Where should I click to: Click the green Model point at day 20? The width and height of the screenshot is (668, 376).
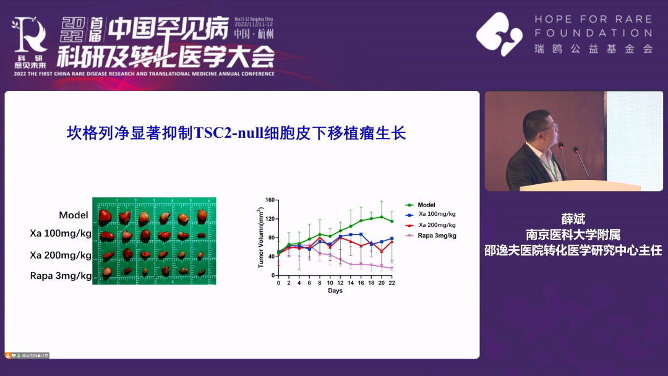382,216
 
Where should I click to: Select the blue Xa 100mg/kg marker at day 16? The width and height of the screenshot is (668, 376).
361,234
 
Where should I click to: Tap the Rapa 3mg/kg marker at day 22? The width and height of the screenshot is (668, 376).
392,268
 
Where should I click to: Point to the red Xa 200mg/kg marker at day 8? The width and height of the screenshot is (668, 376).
320,237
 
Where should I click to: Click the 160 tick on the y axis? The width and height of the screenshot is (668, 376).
269,200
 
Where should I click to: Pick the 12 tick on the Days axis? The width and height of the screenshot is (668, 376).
340,283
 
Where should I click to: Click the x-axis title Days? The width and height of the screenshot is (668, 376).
335,291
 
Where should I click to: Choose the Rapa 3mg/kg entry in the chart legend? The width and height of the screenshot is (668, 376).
437,236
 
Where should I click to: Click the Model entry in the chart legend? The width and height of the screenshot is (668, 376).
426,205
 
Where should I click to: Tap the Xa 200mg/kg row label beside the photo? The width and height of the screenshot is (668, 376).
61,255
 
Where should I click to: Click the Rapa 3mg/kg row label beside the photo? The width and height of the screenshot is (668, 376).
61,276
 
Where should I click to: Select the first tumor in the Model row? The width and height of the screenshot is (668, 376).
106,216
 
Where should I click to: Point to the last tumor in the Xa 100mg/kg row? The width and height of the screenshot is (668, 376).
202,236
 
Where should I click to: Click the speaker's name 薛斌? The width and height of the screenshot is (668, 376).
573,219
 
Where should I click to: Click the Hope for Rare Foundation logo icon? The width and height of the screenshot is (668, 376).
499,33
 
